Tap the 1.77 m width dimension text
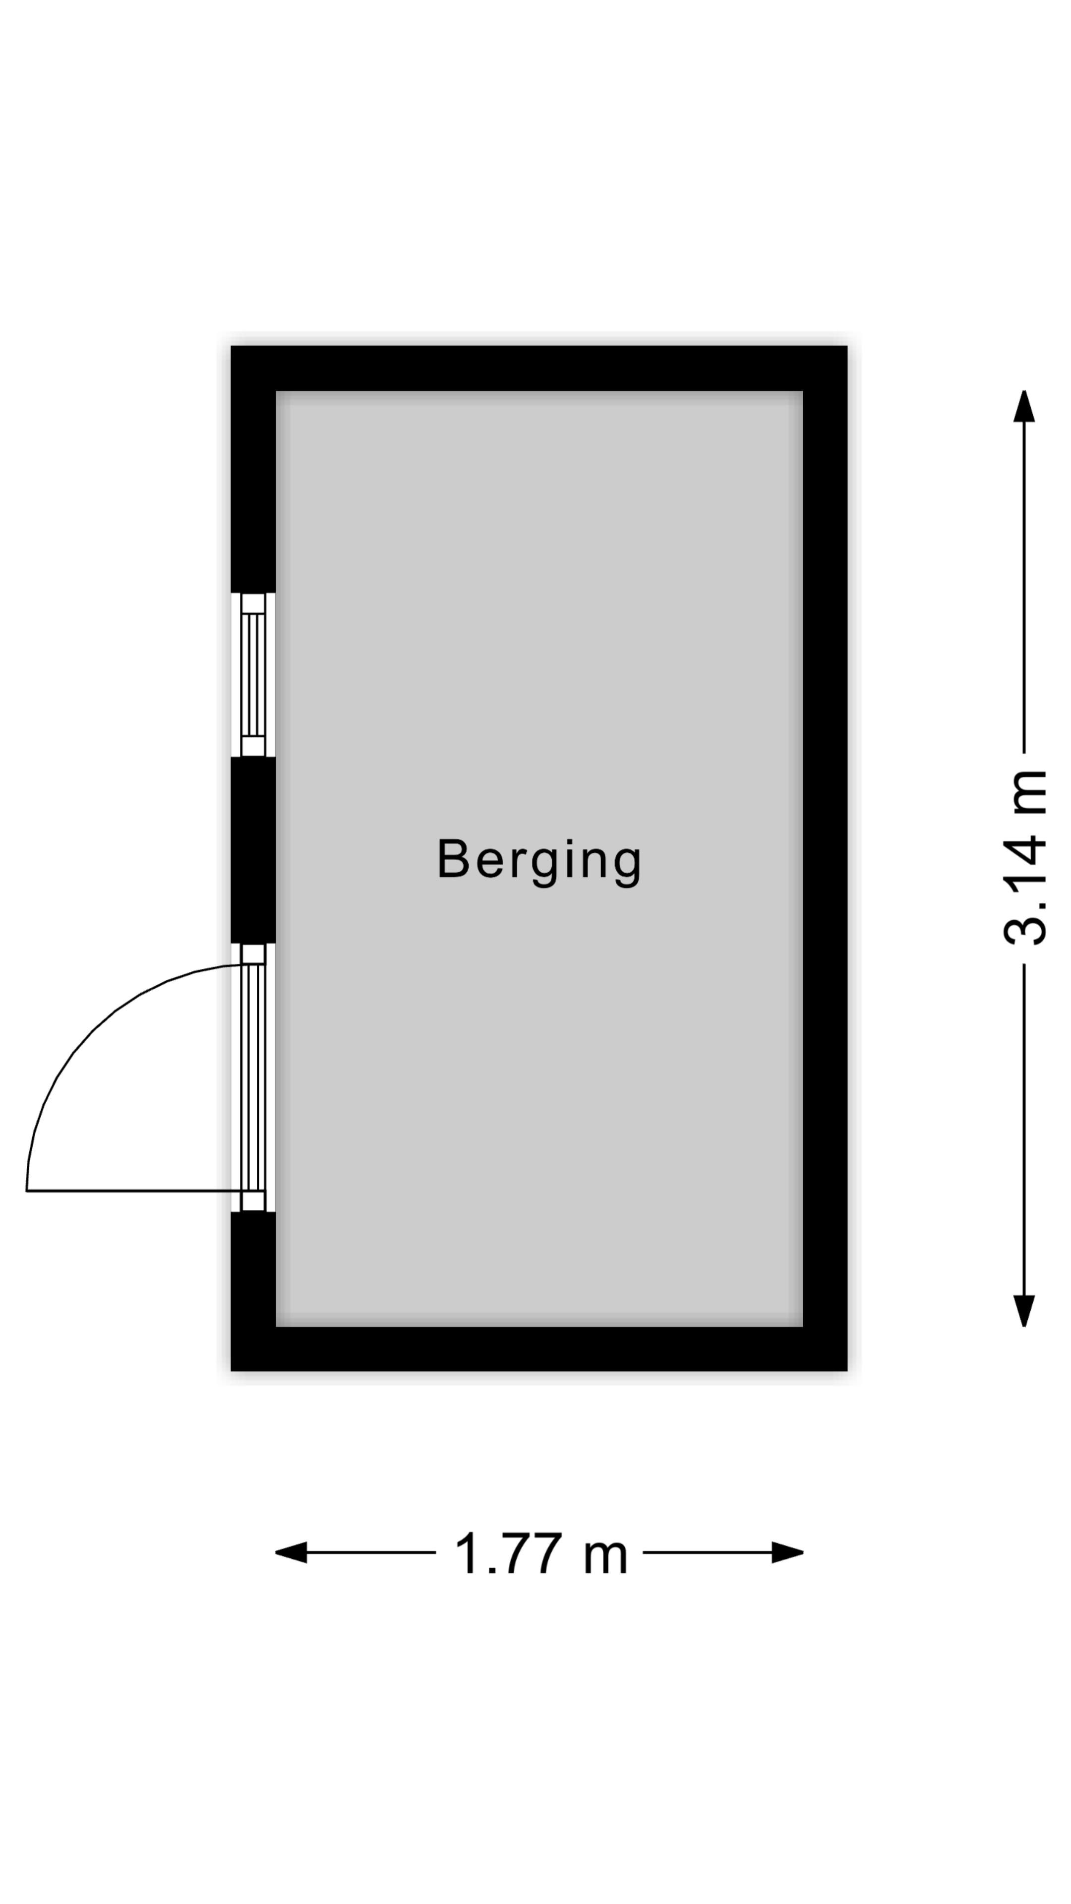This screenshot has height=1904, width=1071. click(540, 1553)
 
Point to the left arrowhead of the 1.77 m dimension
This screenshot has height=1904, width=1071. click(291, 1552)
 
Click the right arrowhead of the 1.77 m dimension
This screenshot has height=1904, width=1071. click(788, 1552)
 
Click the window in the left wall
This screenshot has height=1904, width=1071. click(253, 675)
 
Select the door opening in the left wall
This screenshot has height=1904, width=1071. click(253, 1077)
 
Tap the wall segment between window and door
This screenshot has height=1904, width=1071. click(253, 850)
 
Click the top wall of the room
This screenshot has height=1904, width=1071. click(539, 368)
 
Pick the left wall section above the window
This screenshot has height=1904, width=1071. click(253, 469)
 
